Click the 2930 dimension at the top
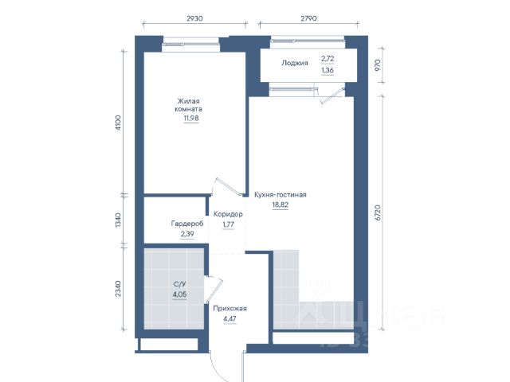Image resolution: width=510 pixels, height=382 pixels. (194, 18)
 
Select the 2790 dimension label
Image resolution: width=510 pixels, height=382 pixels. (308, 18)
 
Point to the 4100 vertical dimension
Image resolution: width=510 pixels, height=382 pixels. (118, 123)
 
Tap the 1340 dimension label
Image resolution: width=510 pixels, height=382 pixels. (118, 220)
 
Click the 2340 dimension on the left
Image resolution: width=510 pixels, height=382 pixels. (118, 288)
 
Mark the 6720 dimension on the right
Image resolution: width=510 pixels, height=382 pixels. (377, 212)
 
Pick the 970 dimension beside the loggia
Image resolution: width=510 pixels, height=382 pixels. (377, 65)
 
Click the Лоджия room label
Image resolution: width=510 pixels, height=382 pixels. (295, 63)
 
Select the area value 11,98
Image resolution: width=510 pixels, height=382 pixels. (191, 119)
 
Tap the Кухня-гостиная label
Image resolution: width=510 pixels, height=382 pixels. (280, 194)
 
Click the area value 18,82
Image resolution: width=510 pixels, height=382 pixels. (280, 205)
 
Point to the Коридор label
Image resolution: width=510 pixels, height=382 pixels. (228, 214)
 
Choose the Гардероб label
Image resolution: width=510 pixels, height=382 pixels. (187, 224)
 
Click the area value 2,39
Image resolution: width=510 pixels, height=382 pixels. (187, 233)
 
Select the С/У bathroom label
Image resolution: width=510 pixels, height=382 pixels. (179, 284)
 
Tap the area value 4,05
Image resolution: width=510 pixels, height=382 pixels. (179, 294)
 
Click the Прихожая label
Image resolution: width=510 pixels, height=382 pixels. (230, 309)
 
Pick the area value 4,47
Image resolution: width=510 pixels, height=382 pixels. (230, 318)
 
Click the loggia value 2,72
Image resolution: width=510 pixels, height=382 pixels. (328, 59)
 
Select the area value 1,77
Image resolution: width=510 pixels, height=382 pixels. (229, 224)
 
